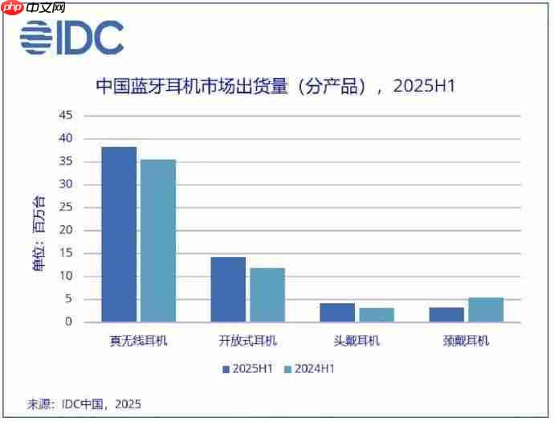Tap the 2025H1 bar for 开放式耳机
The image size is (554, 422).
[228, 289]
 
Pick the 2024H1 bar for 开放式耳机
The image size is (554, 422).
[267, 295]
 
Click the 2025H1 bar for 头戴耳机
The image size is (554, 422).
[337, 313]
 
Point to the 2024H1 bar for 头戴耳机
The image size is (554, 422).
[377, 315]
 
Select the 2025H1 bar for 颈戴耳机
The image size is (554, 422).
[447, 315]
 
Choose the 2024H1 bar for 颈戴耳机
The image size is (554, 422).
[487, 310]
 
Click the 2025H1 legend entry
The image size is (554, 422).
[249, 369]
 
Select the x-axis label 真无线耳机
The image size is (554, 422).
[138, 341]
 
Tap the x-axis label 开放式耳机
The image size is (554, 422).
[247, 341]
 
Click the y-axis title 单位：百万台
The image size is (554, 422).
[39, 234]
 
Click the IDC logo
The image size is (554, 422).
[72, 37]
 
